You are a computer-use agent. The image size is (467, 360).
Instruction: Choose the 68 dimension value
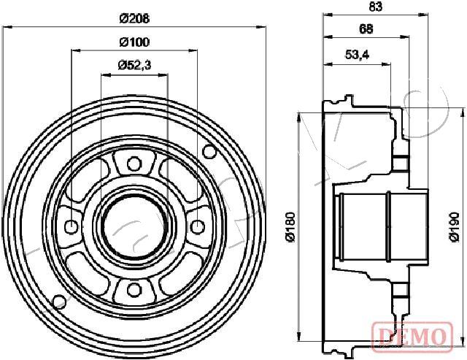pos(366,29)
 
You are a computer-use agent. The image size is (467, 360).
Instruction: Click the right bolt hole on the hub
pos(196,226)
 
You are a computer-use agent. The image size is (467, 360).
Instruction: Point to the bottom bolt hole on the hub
pos(133,290)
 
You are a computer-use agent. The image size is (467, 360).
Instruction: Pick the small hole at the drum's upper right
pos(210,152)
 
